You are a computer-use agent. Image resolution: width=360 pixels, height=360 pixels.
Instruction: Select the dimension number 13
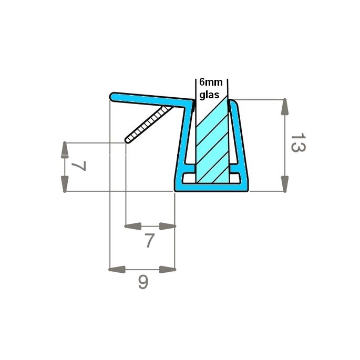click(297, 143)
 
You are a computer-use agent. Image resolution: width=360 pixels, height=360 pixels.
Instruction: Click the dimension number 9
click(143, 283)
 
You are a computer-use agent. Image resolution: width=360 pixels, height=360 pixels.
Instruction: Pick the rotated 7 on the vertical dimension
click(78, 167)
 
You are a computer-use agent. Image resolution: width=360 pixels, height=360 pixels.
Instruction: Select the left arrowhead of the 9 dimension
click(117, 270)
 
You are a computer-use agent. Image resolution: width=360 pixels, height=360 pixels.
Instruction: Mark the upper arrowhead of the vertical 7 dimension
click(65, 150)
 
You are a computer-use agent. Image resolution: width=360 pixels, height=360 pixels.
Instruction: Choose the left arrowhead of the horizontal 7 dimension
click(133, 227)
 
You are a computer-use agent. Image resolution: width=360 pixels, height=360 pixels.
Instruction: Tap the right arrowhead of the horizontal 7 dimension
click(167, 227)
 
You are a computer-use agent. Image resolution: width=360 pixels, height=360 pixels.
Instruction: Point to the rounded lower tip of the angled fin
click(128, 140)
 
